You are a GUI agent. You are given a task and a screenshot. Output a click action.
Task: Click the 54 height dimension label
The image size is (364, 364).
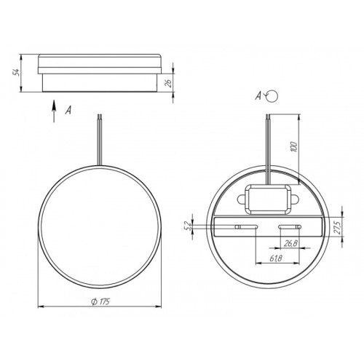pos(16,73)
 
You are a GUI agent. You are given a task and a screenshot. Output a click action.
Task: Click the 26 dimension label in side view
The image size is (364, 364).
pos(169,83)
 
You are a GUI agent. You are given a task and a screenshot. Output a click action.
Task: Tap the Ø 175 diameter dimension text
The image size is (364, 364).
pos(100,301)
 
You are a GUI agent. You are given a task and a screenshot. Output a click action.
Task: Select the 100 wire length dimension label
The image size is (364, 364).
pos(293,146)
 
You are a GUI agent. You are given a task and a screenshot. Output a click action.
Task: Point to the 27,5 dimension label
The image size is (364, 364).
pos(338,227)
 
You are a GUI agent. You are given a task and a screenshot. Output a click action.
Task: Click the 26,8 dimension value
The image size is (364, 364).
pos(290,243)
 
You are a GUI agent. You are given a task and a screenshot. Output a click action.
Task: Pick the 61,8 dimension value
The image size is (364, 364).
pos(276,258)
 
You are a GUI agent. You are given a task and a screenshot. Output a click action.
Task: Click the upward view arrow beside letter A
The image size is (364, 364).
pos(54,111)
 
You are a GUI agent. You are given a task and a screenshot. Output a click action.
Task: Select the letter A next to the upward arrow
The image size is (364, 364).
pos(68,111)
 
